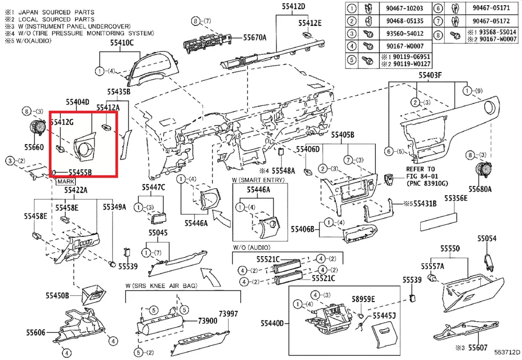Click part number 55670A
tap(255, 37)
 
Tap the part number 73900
tap(207, 320)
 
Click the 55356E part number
tap(456, 198)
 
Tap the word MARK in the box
tap(65, 181)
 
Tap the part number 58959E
tap(363, 299)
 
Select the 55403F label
tap(430, 76)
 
